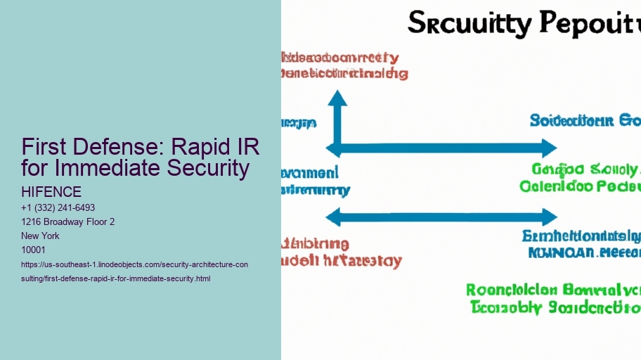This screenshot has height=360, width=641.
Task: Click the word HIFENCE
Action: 52,192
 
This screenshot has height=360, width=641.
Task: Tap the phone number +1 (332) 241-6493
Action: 58,207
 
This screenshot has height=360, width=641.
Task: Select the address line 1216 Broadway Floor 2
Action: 68,221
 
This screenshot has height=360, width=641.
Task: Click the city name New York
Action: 41,236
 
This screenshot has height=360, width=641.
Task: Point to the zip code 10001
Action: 34,250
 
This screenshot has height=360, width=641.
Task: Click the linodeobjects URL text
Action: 134,271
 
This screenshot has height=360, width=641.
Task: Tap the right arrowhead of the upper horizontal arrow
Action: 549,148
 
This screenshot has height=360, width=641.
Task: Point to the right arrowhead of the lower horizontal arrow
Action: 549,217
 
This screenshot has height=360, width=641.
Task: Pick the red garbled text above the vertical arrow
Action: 343,65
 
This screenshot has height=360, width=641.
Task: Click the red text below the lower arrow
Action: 342,252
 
